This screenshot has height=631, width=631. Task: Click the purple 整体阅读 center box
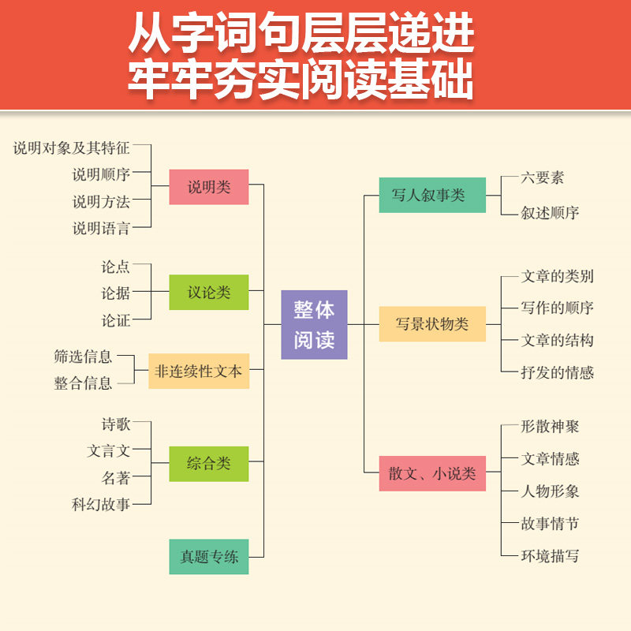[314, 324]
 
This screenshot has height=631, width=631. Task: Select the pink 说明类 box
[209, 187]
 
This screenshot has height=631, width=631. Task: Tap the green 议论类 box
[209, 292]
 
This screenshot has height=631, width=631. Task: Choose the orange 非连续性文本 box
[199, 371]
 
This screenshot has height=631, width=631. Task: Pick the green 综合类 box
[209, 464]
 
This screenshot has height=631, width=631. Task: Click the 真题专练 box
[209, 557]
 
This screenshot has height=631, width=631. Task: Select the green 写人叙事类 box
[432, 195]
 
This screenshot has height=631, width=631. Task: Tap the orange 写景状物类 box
[432, 323]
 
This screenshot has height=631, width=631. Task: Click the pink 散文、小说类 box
[432, 473]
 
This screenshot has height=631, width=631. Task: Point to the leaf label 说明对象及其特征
[71, 147]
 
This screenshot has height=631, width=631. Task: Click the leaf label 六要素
[543, 177]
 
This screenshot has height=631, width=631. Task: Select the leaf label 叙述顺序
[551, 212]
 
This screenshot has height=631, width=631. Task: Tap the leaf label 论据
[115, 293]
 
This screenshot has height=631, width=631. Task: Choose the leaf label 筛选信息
[83, 356]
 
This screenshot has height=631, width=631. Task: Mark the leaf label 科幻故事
[101, 505]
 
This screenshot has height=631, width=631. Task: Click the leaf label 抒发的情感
[558, 372]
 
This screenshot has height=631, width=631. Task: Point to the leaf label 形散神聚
[551, 426]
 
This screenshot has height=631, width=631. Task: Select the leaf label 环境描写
[551, 555]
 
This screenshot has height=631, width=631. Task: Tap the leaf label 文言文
[108, 451]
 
